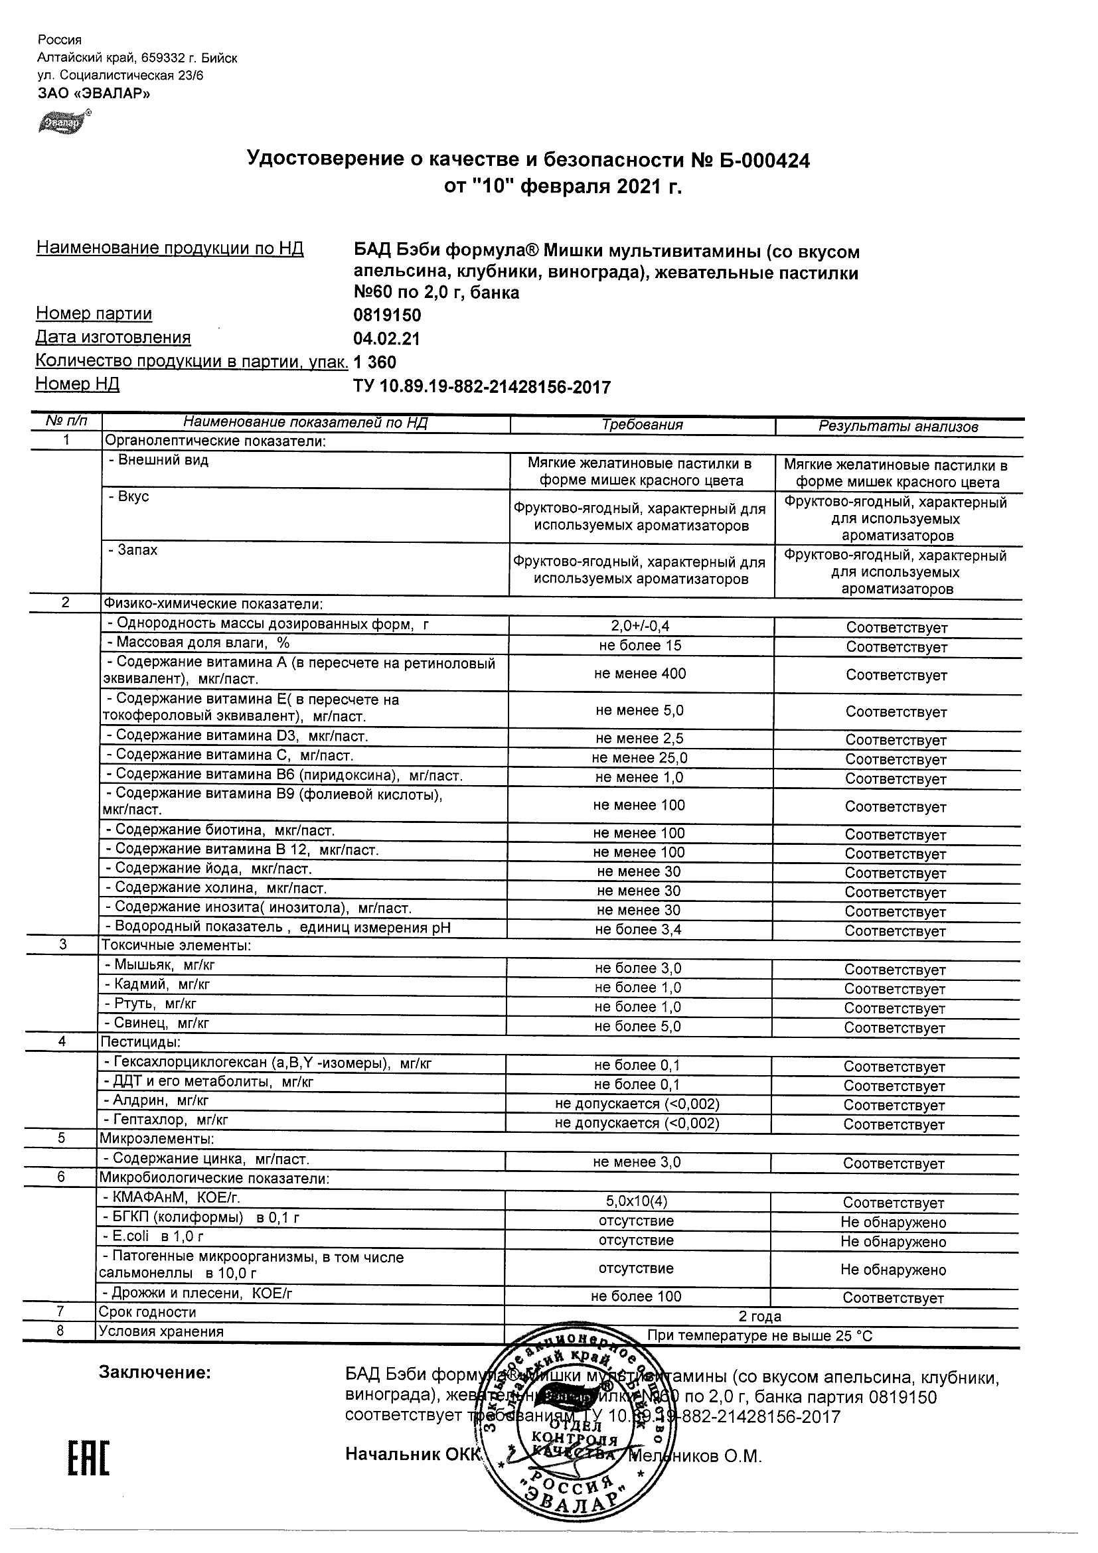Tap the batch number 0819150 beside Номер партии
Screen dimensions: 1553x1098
point(387,315)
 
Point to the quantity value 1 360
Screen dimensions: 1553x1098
point(375,362)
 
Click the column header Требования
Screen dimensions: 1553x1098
point(642,425)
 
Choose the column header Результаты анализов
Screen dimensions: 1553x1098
point(898,426)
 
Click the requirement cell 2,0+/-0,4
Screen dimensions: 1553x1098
point(640,627)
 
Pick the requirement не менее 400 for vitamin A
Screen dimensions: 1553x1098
point(640,674)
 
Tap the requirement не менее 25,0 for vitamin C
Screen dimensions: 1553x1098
point(639,758)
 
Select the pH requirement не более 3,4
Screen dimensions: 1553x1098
point(638,929)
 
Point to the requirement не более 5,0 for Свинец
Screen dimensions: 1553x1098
point(638,1026)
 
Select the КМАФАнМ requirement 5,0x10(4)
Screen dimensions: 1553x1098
point(637,1201)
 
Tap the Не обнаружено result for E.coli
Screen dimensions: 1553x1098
point(893,1241)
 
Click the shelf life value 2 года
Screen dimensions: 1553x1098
point(759,1316)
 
